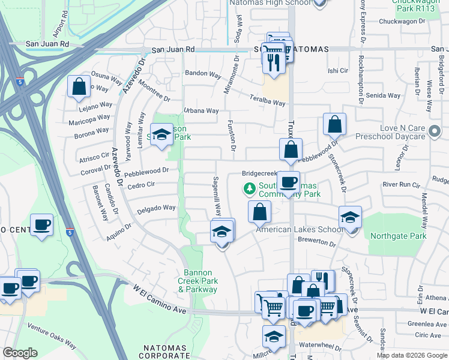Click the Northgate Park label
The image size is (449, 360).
(398, 236)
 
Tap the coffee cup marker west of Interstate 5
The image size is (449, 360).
(41, 225)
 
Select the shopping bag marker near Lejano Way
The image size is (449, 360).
(79, 86)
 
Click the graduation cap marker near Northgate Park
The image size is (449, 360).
(350, 217)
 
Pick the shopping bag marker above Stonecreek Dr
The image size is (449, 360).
(334, 124)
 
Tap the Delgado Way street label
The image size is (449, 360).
(156, 208)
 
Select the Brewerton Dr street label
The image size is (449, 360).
(316, 242)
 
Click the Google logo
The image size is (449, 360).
(20, 353)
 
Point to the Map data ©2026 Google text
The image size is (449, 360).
(411, 355)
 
